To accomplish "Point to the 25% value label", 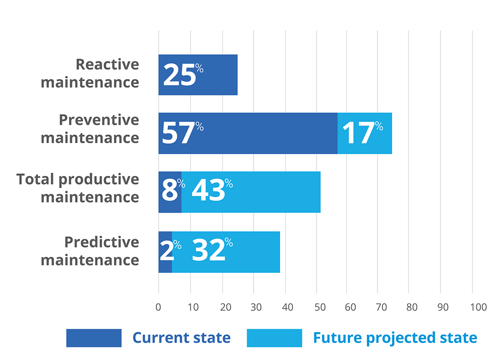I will click(x=182, y=75).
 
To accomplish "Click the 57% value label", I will click(x=182, y=133).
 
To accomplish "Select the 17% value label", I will click(x=362, y=133).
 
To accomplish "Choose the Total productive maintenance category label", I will click(x=78, y=188).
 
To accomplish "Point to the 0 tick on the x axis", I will click(x=158, y=307).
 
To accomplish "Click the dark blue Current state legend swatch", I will click(x=94, y=338).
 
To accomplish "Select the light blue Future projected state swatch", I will click(x=274, y=338).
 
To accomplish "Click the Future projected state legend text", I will click(x=395, y=338).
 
